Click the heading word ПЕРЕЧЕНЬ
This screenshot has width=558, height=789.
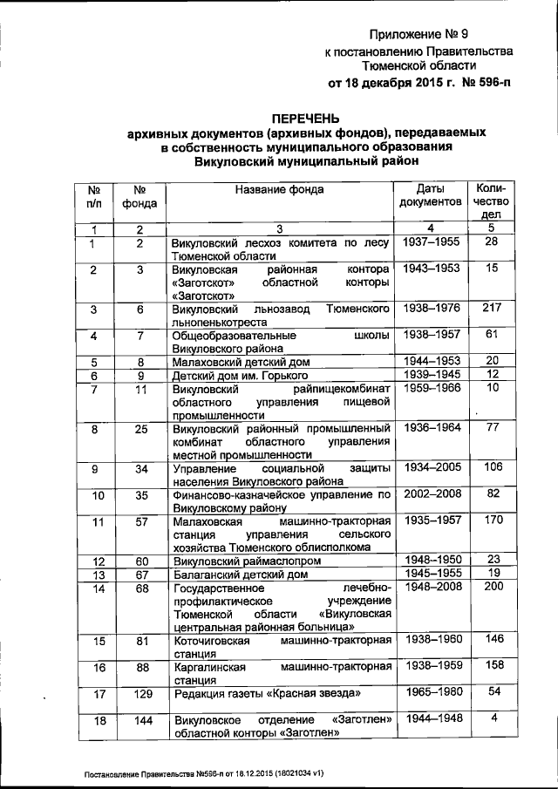[304, 118]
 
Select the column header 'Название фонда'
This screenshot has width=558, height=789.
[278, 189]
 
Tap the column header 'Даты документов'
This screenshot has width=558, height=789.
[430, 195]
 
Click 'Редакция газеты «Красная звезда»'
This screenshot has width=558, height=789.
[267, 694]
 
